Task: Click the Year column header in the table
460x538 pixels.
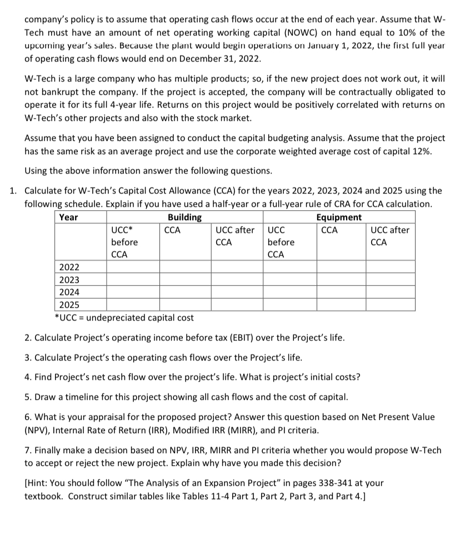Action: click(69, 217)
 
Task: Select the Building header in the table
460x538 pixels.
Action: click(184, 217)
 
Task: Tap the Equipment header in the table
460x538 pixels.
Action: click(338, 217)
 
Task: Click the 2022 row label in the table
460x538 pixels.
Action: click(69, 268)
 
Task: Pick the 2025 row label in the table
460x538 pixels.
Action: click(69, 304)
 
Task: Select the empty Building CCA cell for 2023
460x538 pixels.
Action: click(185, 280)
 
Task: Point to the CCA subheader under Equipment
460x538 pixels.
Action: click(329, 230)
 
